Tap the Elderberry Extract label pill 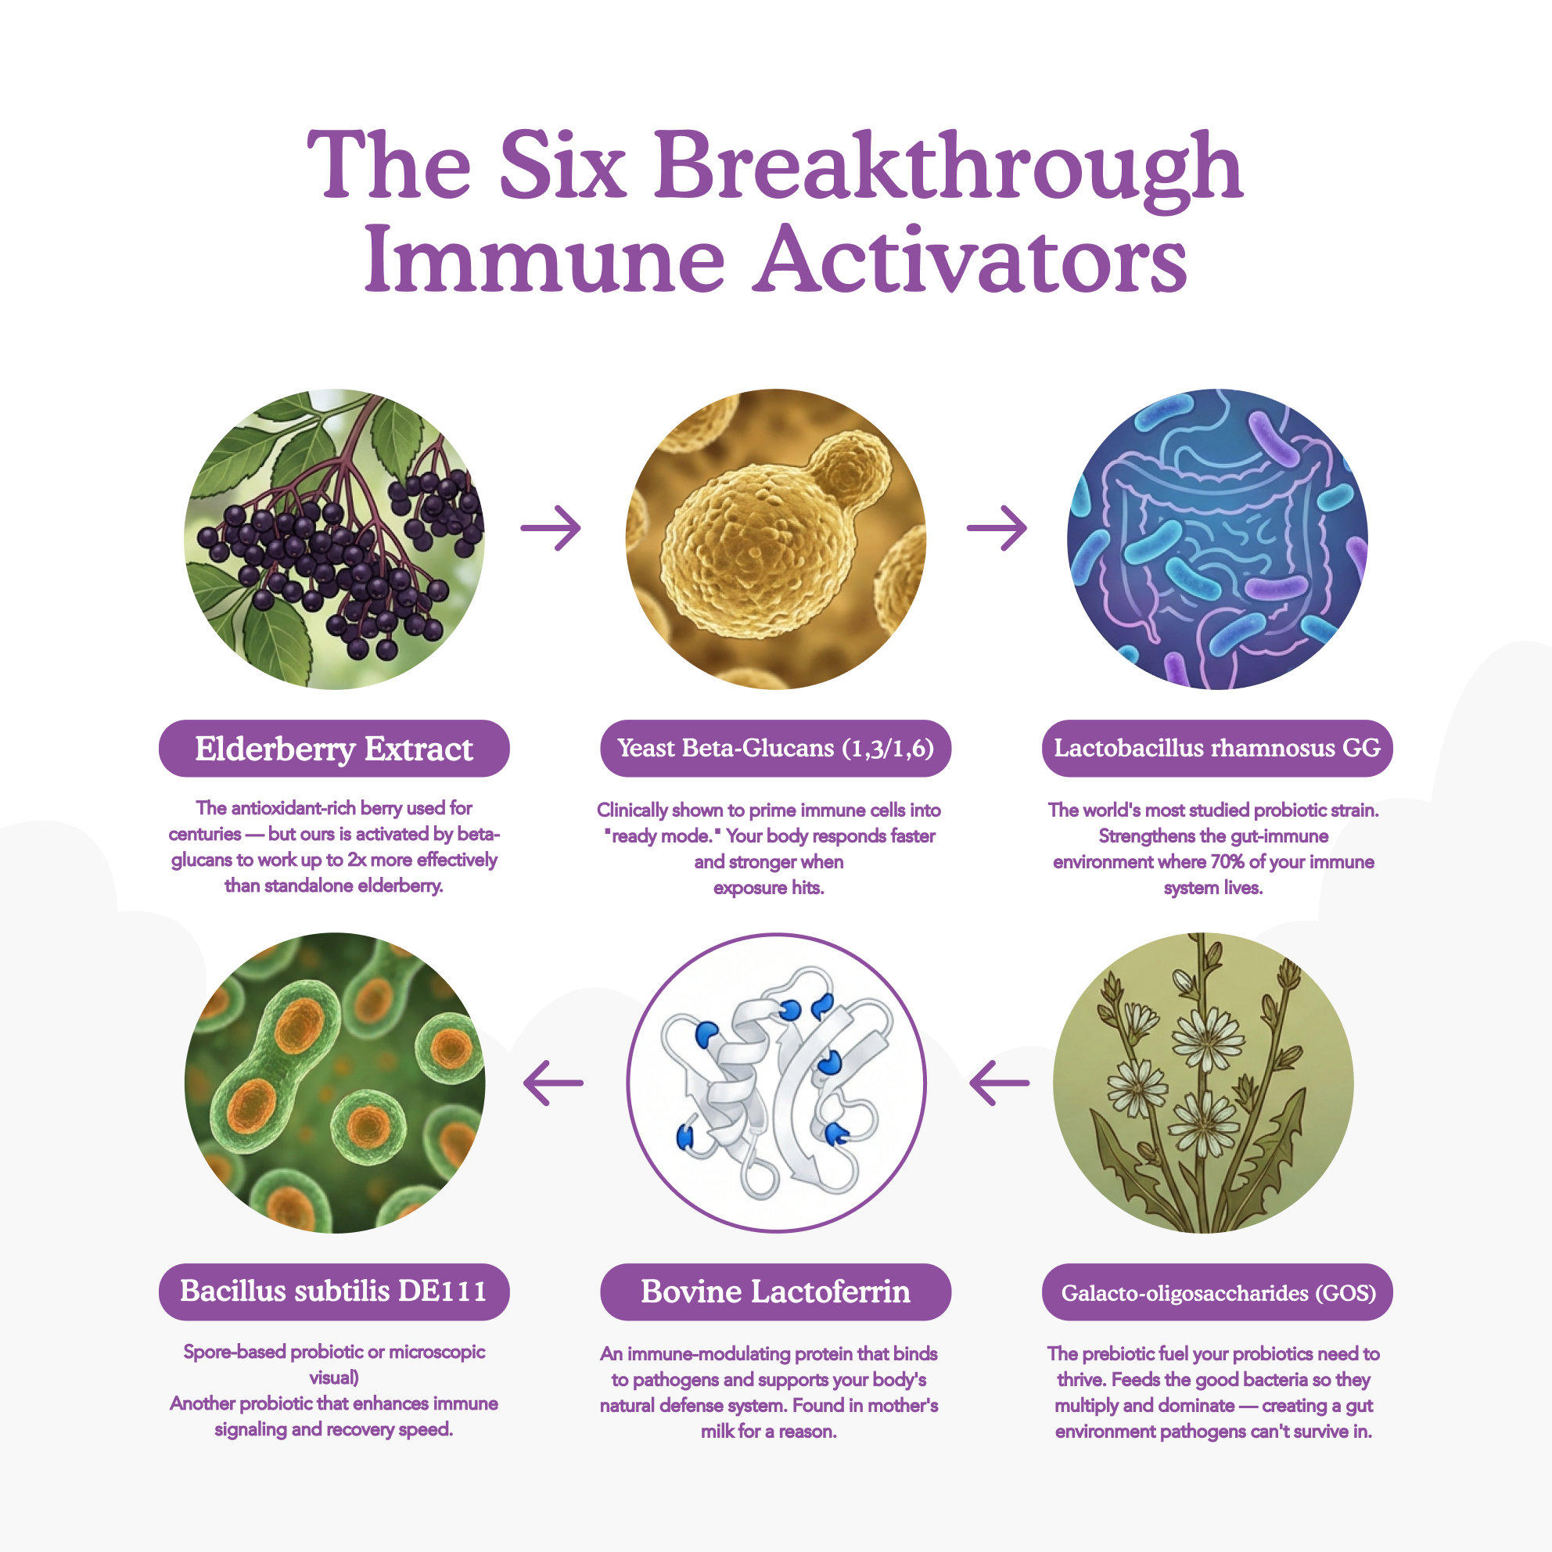(334, 748)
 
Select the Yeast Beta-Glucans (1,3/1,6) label (775, 748)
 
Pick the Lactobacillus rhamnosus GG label (1217, 748)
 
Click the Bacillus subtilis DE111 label (334, 1292)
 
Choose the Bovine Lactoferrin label (775, 1292)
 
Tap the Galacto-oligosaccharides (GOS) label (1217, 1292)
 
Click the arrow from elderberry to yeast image (550, 528)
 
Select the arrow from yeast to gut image (996, 528)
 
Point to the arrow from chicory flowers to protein (999, 1083)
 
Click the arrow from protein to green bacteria (553, 1083)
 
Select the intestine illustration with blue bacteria (1217, 539)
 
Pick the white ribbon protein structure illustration (776, 1083)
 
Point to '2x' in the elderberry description (357, 860)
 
